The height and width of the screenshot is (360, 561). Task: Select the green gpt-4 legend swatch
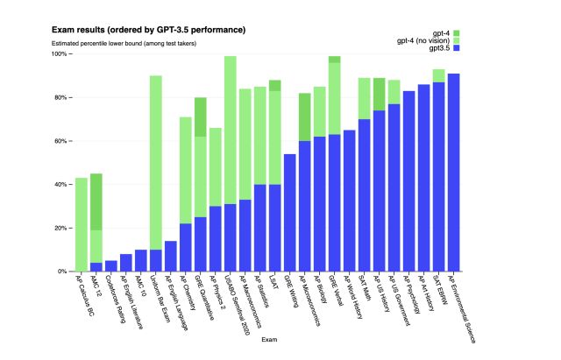[x=457, y=32]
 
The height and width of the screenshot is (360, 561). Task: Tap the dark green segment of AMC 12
[x=96, y=201]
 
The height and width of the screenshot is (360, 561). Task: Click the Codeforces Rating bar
[x=110, y=266]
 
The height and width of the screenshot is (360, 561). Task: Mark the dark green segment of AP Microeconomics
[x=304, y=116]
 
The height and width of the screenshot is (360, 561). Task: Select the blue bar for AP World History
[x=349, y=201]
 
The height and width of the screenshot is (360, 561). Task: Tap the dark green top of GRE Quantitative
[x=200, y=116]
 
